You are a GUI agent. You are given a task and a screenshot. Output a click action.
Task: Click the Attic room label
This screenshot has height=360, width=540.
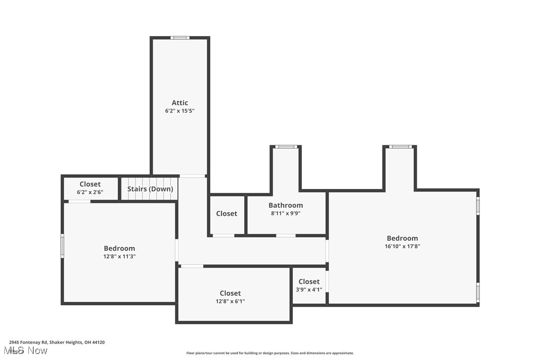[x=180, y=103]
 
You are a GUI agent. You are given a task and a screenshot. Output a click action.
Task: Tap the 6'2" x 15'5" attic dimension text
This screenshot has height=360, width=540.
[x=180, y=111]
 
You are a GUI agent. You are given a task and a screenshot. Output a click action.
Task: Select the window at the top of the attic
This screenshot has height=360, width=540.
[x=180, y=38]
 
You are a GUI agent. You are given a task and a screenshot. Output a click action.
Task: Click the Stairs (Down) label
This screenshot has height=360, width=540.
[x=150, y=189]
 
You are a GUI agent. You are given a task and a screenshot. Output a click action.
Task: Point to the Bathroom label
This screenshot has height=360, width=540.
[x=285, y=205]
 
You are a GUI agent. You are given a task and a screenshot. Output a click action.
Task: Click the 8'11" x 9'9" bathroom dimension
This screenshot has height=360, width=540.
[x=285, y=213]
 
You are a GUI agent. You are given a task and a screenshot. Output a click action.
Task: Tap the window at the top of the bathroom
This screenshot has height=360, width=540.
[x=286, y=147]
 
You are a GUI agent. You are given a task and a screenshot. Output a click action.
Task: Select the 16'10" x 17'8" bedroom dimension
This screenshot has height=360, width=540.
[x=402, y=246]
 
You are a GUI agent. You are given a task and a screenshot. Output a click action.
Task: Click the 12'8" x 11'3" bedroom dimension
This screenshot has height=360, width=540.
[x=119, y=257]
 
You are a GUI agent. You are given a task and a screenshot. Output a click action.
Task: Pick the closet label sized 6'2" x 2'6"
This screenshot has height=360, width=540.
[x=90, y=184]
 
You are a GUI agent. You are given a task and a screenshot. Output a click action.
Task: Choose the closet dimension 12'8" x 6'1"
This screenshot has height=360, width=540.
[x=230, y=301]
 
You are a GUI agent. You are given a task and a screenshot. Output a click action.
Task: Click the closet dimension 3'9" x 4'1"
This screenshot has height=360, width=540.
[x=309, y=289]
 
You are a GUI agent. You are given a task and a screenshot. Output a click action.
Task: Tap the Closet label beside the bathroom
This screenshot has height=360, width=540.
[x=227, y=213]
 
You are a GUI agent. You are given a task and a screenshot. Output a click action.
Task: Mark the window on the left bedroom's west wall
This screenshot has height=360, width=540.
[x=63, y=246]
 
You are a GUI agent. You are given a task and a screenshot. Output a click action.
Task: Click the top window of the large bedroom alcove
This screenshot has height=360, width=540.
[x=400, y=147]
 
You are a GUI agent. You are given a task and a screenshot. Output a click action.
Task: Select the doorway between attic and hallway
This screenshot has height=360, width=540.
[x=192, y=176]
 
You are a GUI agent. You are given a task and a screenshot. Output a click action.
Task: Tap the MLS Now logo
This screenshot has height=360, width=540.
[x=28, y=351]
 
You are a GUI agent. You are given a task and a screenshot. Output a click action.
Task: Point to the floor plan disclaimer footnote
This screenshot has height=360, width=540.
[x=270, y=353]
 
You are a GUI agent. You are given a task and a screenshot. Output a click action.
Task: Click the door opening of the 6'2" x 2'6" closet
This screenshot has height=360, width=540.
[x=80, y=201]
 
